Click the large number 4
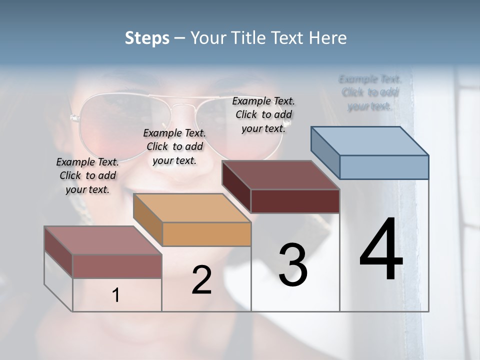[381, 250]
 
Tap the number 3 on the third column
[293, 265]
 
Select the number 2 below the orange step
[201, 280]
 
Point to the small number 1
[115, 295]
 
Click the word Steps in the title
[147, 38]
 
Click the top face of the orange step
[192, 208]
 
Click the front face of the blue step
[384, 167]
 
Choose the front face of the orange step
[206, 234]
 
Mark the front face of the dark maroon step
[295, 201]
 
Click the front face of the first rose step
[117, 266]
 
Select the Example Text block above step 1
[87, 176]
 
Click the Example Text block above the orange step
[174, 147]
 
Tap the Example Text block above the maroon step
[263, 114]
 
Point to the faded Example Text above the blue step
[370, 92]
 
